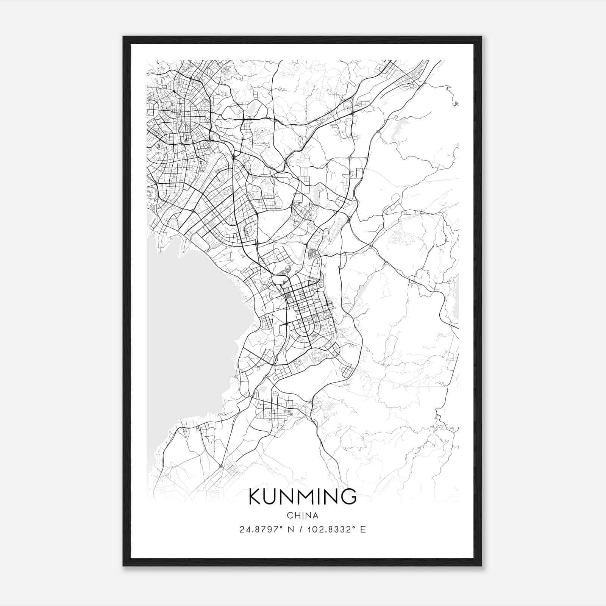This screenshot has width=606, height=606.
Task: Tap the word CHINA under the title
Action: coord(303,515)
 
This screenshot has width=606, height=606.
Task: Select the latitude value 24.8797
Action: coord(261,529)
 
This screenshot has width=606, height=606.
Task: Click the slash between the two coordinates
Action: coord(300,529)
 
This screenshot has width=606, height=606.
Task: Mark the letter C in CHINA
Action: coord(290,515)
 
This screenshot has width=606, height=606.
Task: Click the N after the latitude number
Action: coord(291,529)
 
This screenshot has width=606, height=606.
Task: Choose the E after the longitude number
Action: coord(363,529)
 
